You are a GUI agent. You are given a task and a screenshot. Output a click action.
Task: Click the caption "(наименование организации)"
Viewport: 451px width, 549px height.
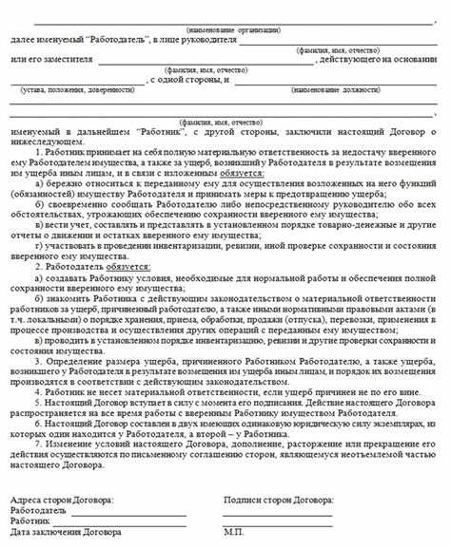225,30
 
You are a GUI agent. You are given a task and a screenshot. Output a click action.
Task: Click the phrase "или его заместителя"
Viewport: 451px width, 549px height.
45,62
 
